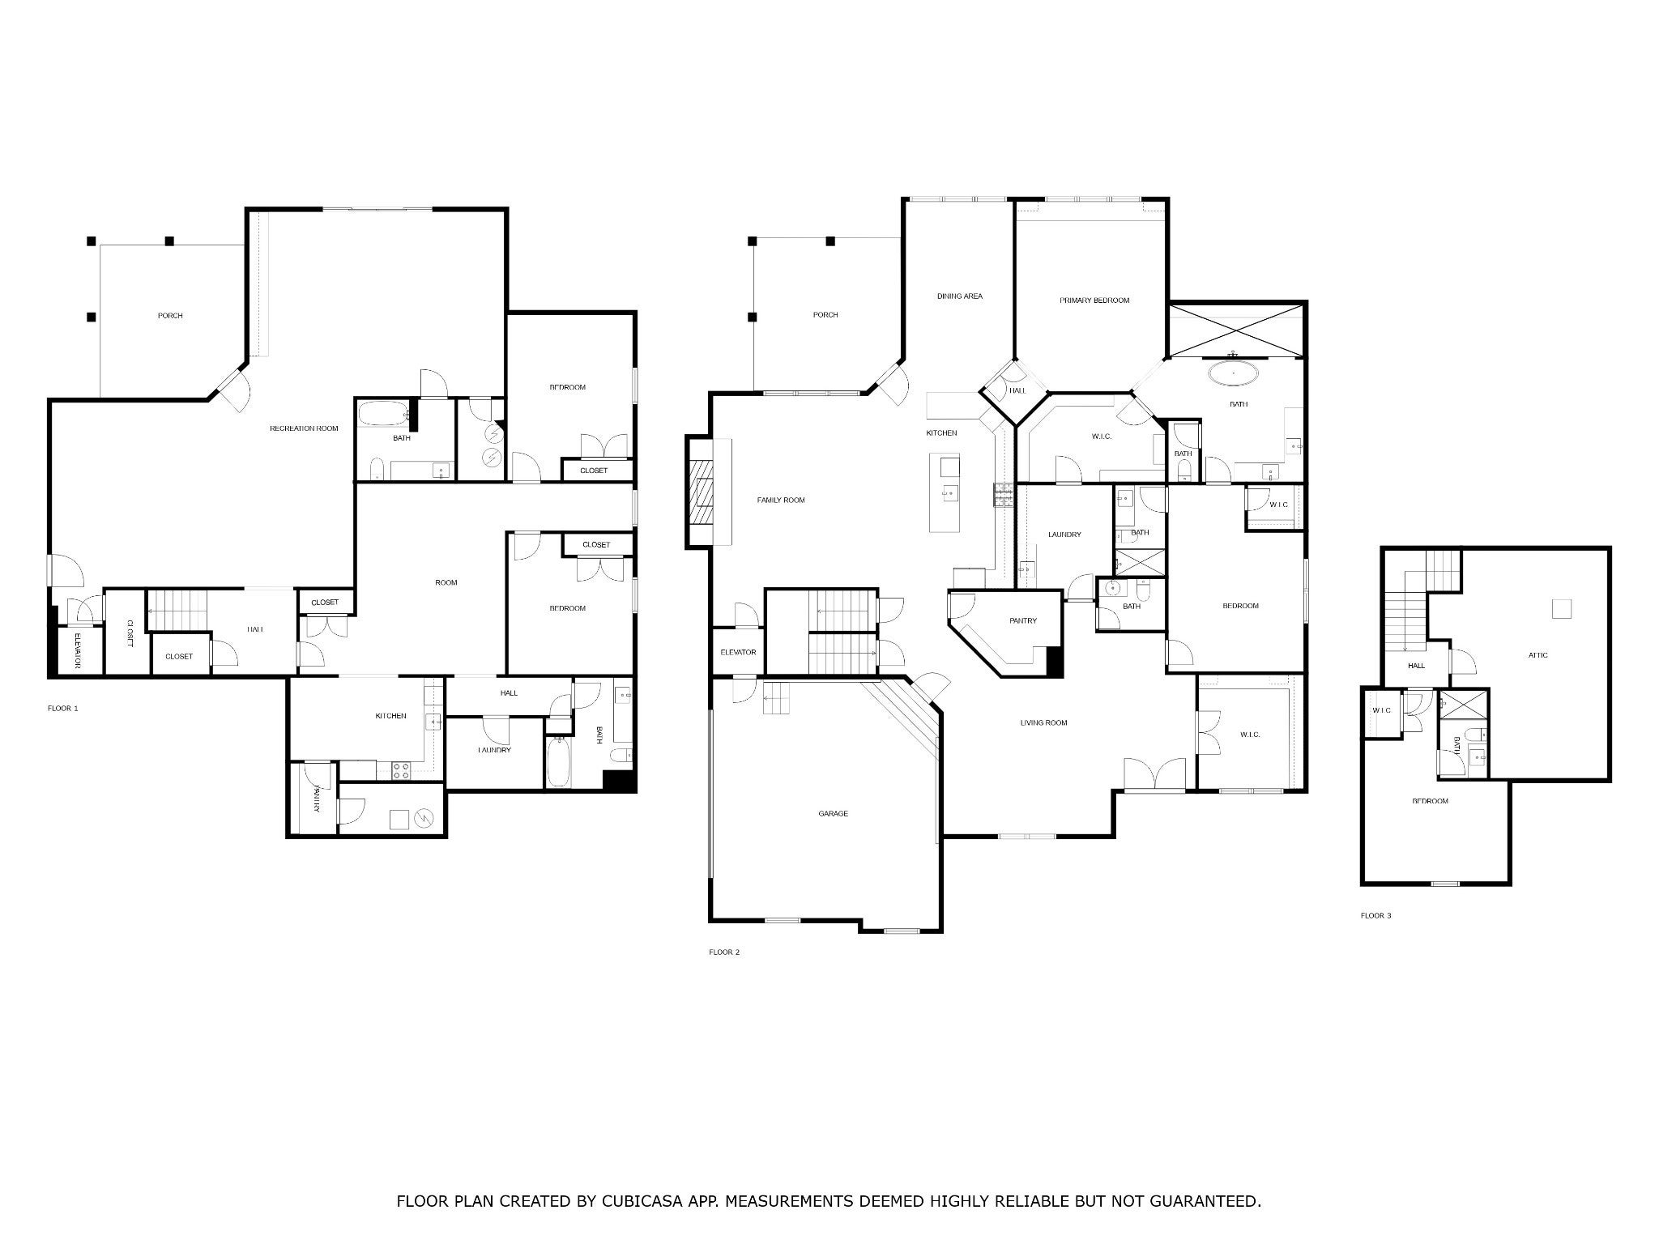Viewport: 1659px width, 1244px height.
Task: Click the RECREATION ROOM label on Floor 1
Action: [304, 428]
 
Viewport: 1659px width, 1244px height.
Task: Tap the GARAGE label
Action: [833, 813]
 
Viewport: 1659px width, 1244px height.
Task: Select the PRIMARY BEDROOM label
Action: [1094, 300]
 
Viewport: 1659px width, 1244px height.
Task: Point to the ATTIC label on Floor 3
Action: [1537, 655]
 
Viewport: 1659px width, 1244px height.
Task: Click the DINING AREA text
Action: [959, 296]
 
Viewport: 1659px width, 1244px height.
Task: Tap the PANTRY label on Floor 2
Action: [1022, 621]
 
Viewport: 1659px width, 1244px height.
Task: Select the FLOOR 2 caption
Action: [724, 952]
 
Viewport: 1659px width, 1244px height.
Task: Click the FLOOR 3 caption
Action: [1375, 916]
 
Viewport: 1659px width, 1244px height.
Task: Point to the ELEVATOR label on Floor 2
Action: [738, 653]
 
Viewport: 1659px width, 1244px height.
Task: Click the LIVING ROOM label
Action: [1043, 723]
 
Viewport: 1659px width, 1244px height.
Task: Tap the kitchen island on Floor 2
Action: [945, 492]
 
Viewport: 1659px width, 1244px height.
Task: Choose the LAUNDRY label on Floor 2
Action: [1064, 535]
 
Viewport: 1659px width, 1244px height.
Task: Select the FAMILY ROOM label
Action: [781, 501]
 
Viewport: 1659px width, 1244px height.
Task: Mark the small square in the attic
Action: [1561, 609]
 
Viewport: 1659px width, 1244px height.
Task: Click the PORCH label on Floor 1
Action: [170, 316]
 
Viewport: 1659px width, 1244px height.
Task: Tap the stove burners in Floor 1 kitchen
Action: [400, 771]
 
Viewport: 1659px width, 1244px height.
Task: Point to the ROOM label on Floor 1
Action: [446, 583]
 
